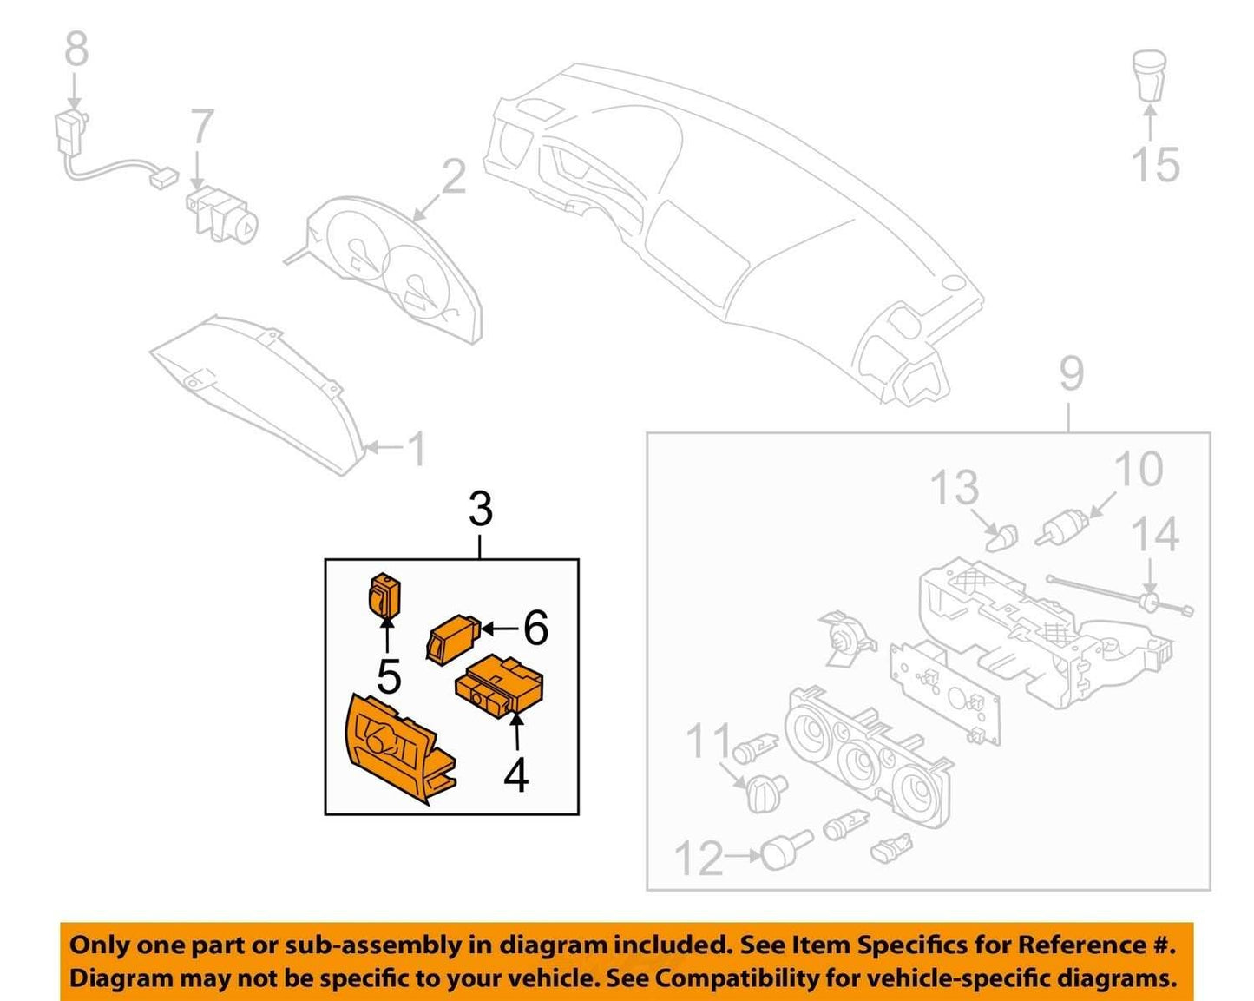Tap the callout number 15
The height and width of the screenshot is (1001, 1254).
pyautogui.click(x=1156, y=164)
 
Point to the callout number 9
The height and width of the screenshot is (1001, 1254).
pyautogui.click(x=1071, y=374)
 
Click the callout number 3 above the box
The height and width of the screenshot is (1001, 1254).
pyautogui.click(x=480, y=509)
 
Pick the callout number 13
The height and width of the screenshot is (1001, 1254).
pyautogui.click(x=955, y=487)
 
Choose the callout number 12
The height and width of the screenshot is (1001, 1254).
pyautogui.click(x=699, y=859)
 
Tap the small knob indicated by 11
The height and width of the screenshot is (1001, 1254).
pyautogui.click(x=763, y=793)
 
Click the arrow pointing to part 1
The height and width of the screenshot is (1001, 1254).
pyautogui.click(x=384, y=448)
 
